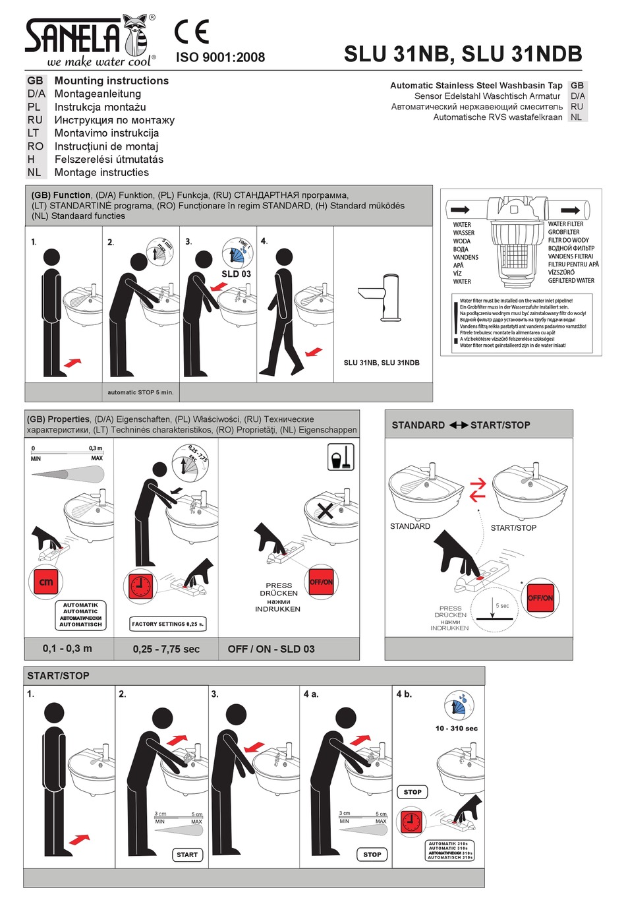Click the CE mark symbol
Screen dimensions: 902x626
[x=192, y=32]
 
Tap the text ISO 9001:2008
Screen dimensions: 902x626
[x=220, y=57]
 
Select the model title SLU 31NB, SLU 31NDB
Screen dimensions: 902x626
[x=463, y=54]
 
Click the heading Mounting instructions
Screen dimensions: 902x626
[x=111, y=80]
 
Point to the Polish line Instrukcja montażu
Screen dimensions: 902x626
[x=100, y=107]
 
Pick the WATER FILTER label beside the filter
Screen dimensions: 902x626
[x=565, y=224]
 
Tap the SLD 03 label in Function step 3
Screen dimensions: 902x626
[x=236, y=274]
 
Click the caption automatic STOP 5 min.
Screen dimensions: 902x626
[x=140, y=392]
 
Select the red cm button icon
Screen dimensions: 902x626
[x=46, y=582]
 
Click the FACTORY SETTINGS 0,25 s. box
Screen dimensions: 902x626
[x=168, y=624]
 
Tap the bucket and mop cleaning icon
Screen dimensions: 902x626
[x=341, y=457]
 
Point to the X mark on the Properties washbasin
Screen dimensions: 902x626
[x=325, y=511]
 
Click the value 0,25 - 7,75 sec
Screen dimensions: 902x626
[x=166, y=649]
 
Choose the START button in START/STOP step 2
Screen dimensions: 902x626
[x=187, y=855]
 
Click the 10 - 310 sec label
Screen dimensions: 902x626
[x=456, y=729]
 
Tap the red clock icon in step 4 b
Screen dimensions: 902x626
[x=411, y=821]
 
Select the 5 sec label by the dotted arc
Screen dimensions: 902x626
[x=502, y=605]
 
